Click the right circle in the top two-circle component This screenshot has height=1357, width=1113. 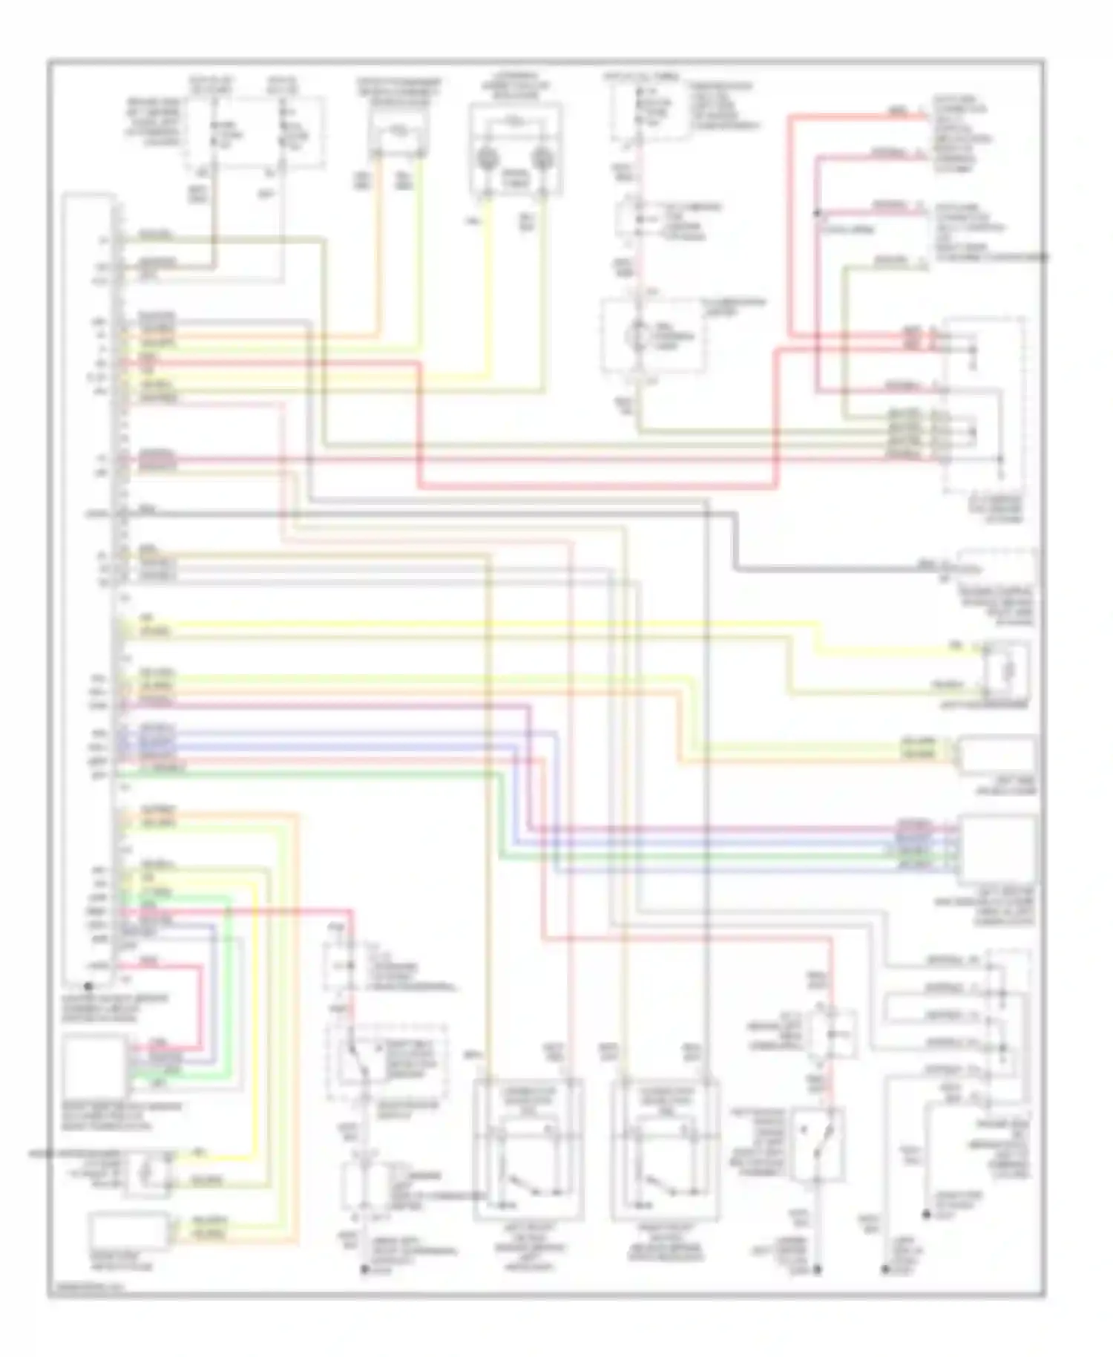point(542,158)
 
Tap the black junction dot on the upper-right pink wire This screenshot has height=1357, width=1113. point(817,213)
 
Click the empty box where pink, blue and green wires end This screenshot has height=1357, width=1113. point(998,848)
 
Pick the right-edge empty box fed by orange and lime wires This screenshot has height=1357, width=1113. point(998,755)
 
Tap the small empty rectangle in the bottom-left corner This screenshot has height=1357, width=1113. point(129,1231)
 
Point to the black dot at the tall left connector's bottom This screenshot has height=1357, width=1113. point(88,987)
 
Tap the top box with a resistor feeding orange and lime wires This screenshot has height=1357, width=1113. point(400,132)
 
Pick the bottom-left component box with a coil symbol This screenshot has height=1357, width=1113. point(147,1174)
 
